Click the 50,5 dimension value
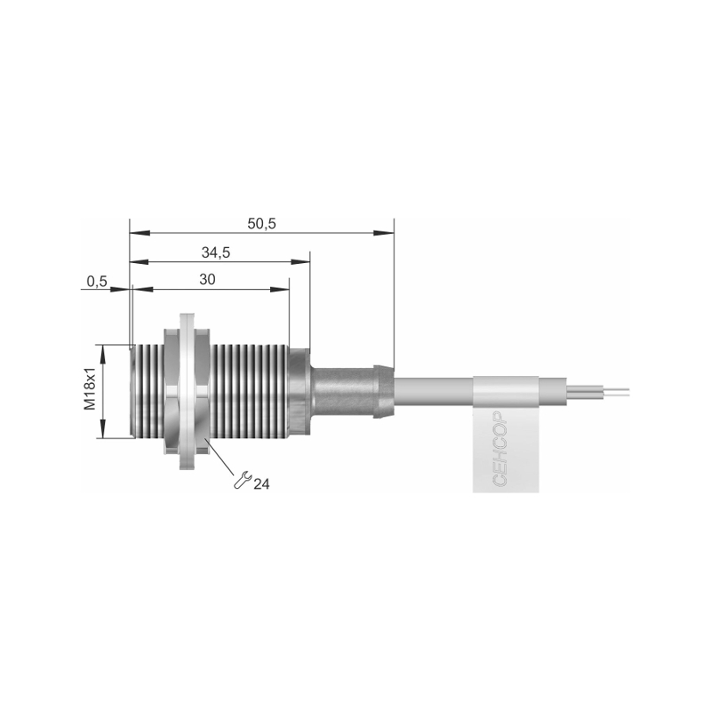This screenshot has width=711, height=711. click(x=261, y=224)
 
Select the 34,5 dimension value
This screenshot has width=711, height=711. click(x=216, y=252)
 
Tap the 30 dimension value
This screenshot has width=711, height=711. click(x=207, y=280)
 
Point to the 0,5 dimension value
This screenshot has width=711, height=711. click(x=97, y=282)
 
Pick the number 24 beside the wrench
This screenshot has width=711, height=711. click(x=261, y=484)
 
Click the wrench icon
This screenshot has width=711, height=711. click(x=242, y=480)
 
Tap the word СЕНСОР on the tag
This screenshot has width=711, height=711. click(x=499, y=449)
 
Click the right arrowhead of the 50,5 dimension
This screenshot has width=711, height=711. click(x=384, y=233)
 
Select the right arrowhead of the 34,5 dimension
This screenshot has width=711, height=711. click(x=300, y=261)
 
